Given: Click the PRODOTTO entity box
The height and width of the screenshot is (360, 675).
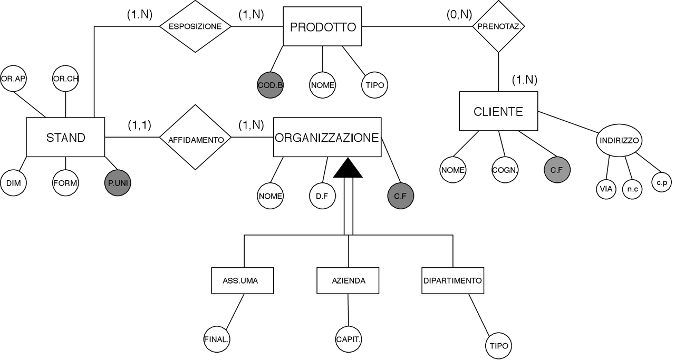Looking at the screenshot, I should (323, 26).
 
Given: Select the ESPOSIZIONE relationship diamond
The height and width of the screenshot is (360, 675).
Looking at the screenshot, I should (195, 26).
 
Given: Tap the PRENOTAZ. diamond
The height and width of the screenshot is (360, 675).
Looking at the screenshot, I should (498, 26).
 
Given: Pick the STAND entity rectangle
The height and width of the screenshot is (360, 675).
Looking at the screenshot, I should (65, 138).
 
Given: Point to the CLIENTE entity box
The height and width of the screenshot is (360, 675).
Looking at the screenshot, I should (498, 111).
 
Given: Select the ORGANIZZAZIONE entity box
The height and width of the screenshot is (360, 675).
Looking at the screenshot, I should (327, 138).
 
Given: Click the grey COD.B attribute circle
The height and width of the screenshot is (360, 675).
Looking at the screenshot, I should (271, 85).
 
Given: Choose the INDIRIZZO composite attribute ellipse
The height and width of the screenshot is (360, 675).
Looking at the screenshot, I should (619, 141).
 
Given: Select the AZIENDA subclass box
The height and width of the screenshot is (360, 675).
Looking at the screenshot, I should (348, 280).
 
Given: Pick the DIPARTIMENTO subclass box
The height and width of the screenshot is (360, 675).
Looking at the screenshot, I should (453, 280).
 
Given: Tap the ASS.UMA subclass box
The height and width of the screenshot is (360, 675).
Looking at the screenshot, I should (243, 280).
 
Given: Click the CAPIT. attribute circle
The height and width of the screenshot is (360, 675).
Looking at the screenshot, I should (349, 339).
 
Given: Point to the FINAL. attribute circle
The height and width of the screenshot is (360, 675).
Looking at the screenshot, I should (216, 339).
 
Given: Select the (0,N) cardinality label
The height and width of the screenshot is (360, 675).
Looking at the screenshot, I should (459, 14).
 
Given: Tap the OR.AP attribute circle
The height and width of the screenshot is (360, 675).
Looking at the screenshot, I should (13, 79).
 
